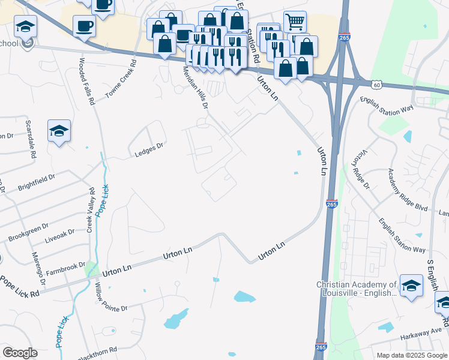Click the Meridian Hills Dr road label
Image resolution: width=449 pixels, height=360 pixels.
coord(196,88)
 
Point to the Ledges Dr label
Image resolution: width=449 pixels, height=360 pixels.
coord(149,148)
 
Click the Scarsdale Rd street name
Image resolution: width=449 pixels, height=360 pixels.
coord(29,137)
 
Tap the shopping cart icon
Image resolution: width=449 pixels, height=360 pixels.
coord(295,22)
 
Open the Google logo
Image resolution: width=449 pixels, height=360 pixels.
coord(20,352)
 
